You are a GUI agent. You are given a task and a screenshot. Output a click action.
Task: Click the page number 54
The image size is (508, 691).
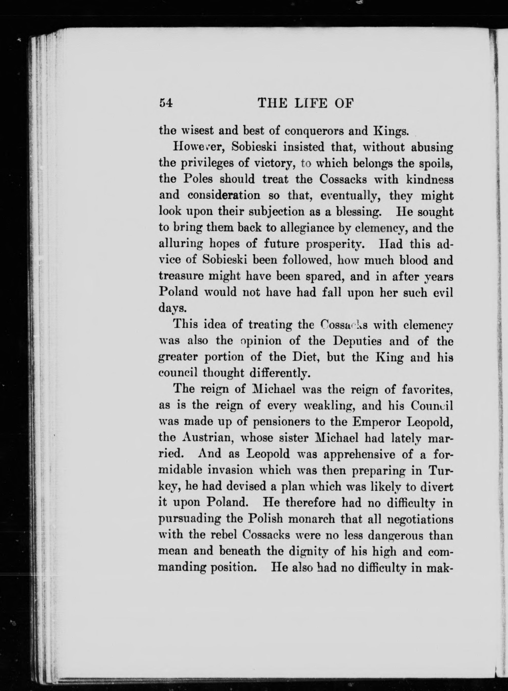pos(166,103)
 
